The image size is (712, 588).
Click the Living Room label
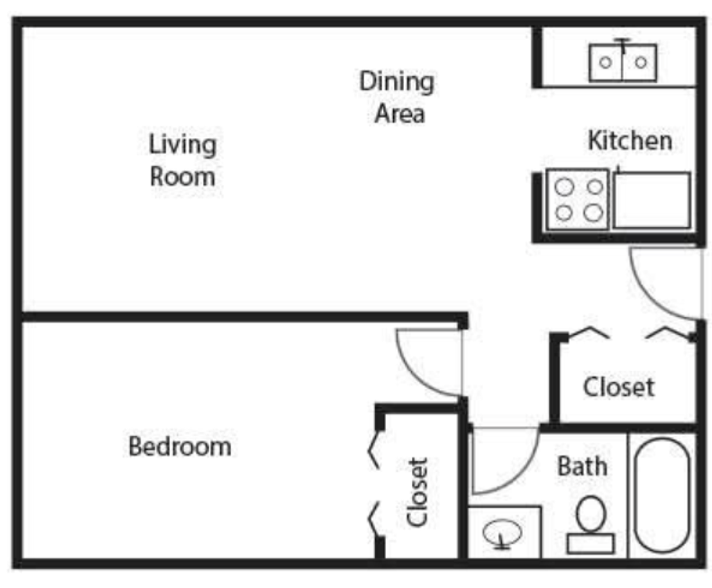tap(182, 161)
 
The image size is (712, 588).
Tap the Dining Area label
tap(397, 97)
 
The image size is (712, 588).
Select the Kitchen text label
tap(630, 141)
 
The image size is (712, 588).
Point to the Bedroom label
tap(180, 446)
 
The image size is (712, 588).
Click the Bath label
tap(582, 467)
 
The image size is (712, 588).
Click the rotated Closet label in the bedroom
tap(417, 492)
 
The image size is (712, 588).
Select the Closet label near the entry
tap(619, 387)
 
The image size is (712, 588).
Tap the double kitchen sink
tap(623, 63)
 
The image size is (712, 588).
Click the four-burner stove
tap(578, 199)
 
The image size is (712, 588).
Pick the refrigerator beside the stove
tap(652, 200)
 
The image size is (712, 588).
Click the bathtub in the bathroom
tap(662, 496)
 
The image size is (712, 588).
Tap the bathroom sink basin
tap(502, 532)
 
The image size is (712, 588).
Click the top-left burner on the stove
tap(564, 187)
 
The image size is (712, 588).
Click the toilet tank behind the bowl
tap(591, 543)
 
